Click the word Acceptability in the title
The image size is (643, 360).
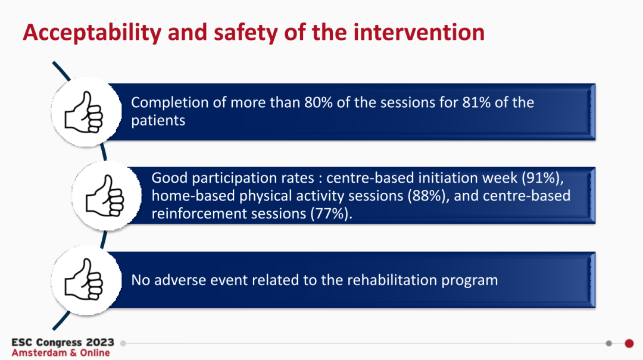(92, 32)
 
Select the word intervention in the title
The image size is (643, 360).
(419, 32)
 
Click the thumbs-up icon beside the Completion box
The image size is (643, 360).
(84, 111)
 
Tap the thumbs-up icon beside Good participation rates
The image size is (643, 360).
(105, 196)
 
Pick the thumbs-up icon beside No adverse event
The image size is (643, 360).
(84, 279)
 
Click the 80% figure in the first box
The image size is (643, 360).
(318, 102)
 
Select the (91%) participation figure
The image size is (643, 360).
(542, 178)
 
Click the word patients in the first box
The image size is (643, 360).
(158, 121)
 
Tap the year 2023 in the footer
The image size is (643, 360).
(100, 342)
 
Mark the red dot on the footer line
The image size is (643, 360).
(629, 343)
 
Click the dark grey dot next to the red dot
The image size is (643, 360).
(609, 343)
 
